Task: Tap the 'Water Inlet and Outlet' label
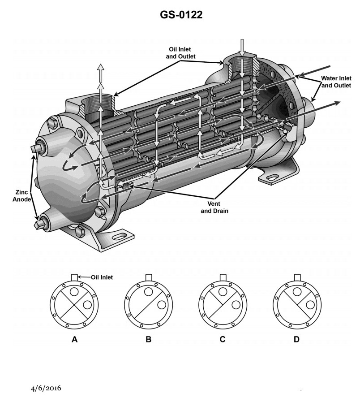(x=336, y=82)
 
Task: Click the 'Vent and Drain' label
(x=214, y=207)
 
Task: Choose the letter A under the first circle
(x=75, y=339)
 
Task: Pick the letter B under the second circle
(x=149, y=339)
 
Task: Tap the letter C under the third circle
(x=223, y=339)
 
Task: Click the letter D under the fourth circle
(x=296, y=339)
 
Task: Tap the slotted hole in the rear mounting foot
(x=272, y=178)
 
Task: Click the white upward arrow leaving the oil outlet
(x=101, y=72)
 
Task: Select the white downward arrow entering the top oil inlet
(x=241, y=47)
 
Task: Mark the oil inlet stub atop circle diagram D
(x=296, y=277)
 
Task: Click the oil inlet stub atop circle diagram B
(x=149, y=277)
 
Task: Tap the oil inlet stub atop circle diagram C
(x=223, y=277)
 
